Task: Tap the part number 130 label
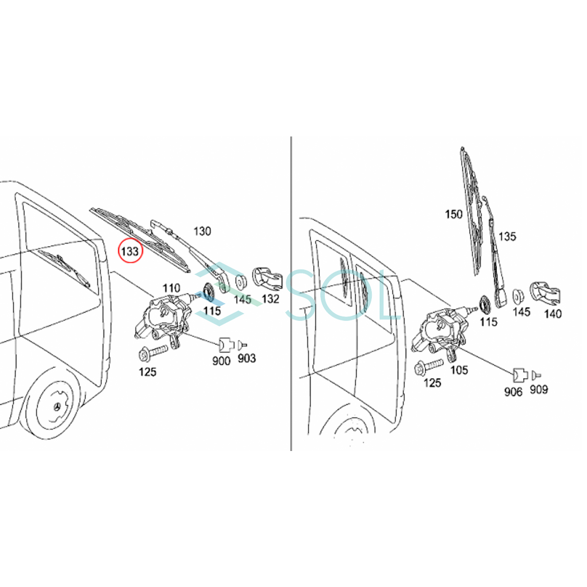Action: (x=202, y=231)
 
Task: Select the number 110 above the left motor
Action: (x=171, y=288)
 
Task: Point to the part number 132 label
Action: (x=271, y=299)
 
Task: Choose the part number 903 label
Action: (x=247, y=359)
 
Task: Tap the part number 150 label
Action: (x=453, y=214)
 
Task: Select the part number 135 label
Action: (x=507, y=237)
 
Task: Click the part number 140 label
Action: (x=553, y=314)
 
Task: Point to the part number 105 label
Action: (x=459, y=370)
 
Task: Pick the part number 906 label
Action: (x=513, y=391)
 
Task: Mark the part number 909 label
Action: (x=539, y=389)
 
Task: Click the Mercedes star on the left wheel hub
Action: (x=59, y=407)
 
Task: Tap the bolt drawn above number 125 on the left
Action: (x=153, y=351)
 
